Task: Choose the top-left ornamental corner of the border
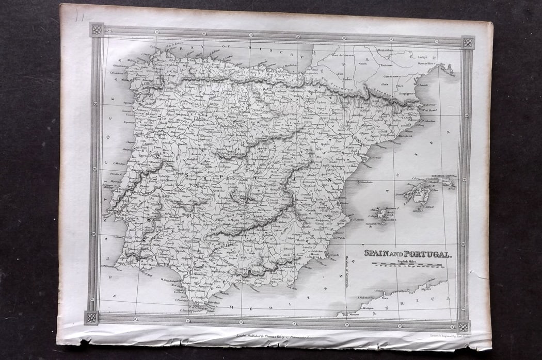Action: point(97,29)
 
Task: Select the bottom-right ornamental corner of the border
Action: point(463,326)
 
